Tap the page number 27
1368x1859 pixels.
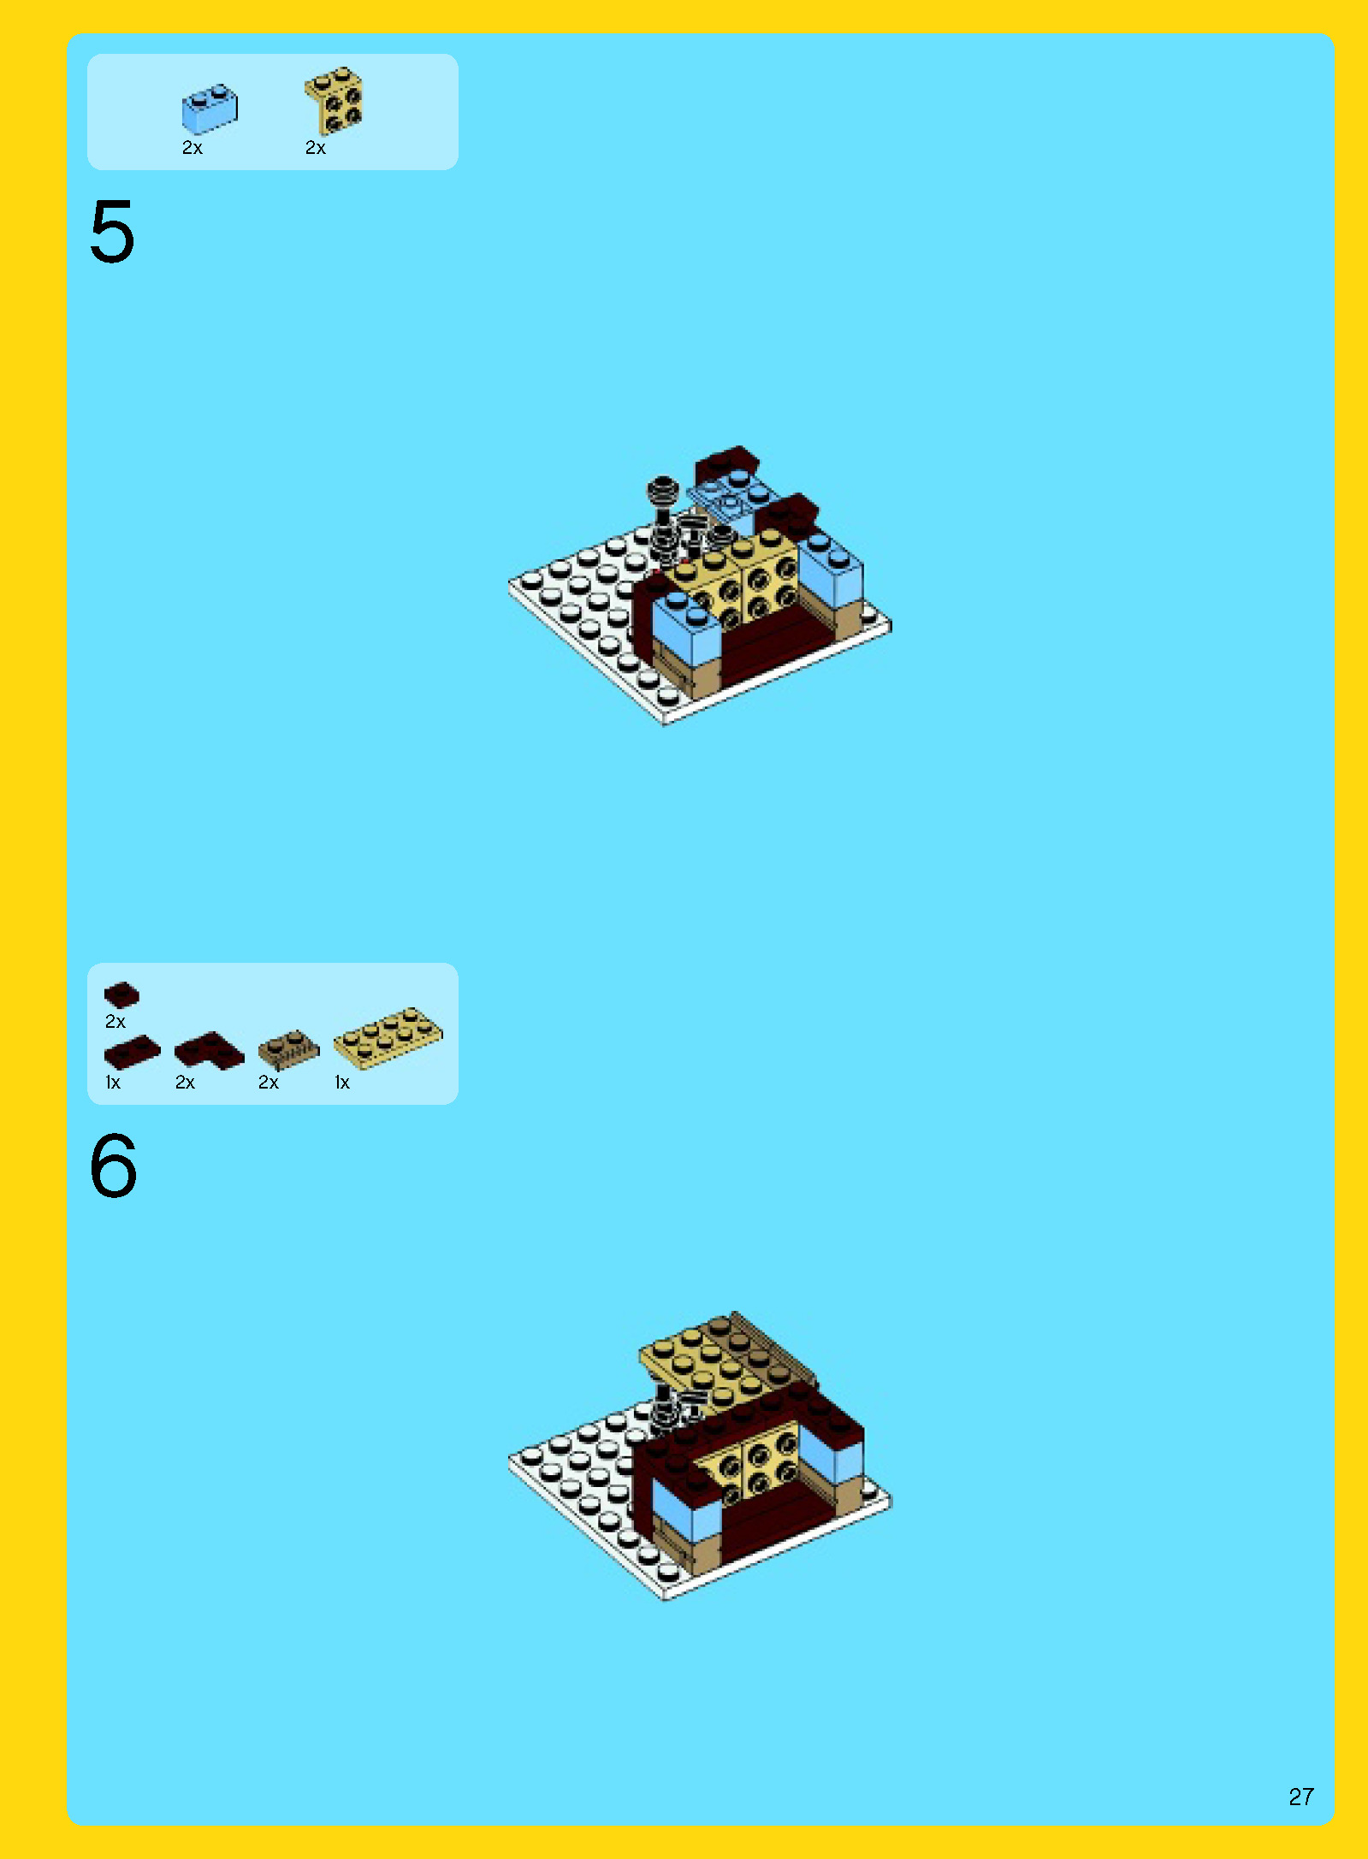click(x=1301, y=1797)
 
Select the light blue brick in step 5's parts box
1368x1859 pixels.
click(x=209, y=109)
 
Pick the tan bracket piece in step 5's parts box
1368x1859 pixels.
click(x=335, y=100)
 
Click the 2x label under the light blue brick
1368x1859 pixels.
click(x=192, y=148)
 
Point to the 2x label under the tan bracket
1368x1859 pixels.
click(x=316, y=148)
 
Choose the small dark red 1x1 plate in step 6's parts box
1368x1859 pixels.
click(x=121, y=994)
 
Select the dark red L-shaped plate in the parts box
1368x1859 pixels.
click(x=209, y=1051)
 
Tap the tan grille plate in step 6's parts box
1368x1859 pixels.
click(x=289, y=1049)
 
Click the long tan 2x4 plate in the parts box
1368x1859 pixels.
click(x=388, y=1037)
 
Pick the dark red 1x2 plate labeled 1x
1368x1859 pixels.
click(x=132, y=1052)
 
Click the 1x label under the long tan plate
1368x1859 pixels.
click(x=342, y=1083)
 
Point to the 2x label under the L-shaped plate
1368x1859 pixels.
click(x=185, y=1083)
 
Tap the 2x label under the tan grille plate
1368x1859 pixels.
click(x=269, y=1083)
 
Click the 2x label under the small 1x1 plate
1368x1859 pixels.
click(x=115, y=1022)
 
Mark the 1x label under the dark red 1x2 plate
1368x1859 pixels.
click(x=113, y=1083)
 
